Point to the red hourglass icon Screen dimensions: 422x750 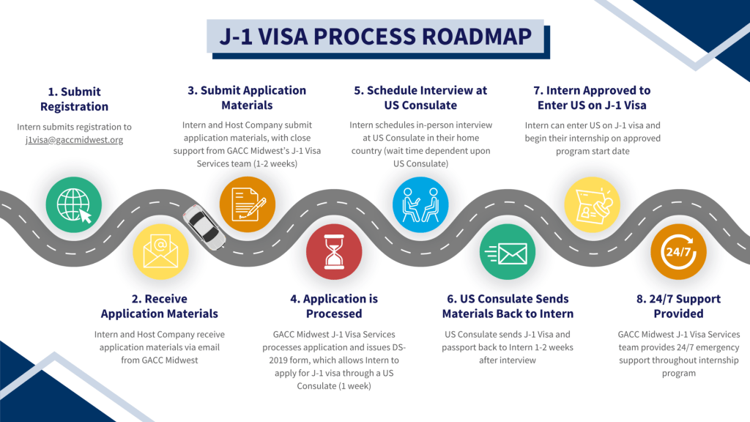coord(334,251)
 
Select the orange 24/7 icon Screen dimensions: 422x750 coord(678,251)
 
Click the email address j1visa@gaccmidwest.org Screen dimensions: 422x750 coord(74,139)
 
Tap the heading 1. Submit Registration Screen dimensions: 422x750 coord(74,99)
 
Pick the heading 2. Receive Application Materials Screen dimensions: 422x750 coord(160,306)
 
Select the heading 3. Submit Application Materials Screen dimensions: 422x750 coord(247,97)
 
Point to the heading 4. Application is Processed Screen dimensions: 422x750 coord(334,306)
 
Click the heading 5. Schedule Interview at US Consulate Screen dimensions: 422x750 coord(420,97)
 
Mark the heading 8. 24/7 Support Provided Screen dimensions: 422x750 coord(678,306)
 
